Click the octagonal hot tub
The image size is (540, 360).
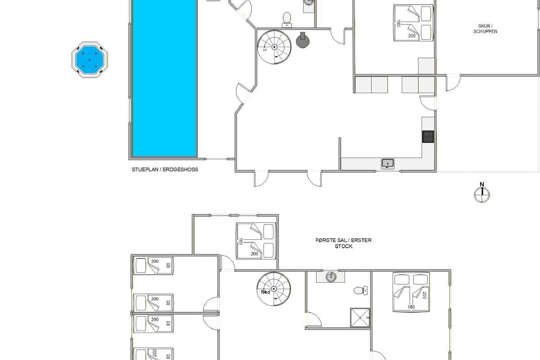(90, 59)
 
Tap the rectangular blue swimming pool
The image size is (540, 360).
(165, 78)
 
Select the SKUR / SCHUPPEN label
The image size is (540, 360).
(485, 29)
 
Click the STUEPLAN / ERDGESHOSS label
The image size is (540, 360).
(165, 170)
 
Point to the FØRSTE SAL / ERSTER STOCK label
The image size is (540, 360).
(343, 243)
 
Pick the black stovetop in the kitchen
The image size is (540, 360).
(428, 137)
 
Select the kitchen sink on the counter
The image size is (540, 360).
(387, 164)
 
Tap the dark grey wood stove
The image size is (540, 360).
(302, 40)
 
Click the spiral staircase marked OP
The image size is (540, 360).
(274, 47)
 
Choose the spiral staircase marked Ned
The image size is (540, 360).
(274, 289)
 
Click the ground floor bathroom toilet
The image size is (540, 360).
(287, 20)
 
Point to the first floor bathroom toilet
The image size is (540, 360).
(360, 291)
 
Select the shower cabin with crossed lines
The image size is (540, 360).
(360, 318)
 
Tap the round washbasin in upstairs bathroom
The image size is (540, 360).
(331, 277)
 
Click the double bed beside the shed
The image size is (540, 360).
(414, 23)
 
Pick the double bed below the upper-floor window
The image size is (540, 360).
(256, 241)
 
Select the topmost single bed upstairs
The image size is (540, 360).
(153, 265)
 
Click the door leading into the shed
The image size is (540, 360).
(453, 83)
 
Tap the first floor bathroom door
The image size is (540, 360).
(313, 319)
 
